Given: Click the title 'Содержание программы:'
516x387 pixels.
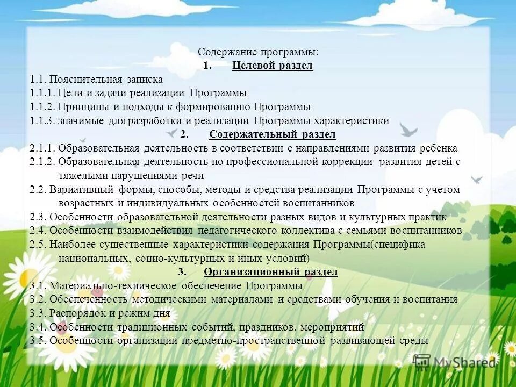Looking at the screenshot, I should click(258, 52).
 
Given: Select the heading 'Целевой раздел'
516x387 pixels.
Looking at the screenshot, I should click(273, 66).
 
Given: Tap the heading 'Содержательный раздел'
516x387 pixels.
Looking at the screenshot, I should click(273, 134).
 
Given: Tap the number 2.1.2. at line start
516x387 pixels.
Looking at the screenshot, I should click(42, 162).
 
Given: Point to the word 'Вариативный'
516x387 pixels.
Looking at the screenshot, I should click(81, 190).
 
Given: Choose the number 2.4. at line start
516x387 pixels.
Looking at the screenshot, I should click(39, 231).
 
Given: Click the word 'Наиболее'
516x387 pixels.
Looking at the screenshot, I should click(73, 245).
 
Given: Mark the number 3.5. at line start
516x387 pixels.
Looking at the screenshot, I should click(39, 340).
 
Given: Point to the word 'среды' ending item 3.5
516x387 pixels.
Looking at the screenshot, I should click(414, 340).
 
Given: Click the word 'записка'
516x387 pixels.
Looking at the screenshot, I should click(145, 80).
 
